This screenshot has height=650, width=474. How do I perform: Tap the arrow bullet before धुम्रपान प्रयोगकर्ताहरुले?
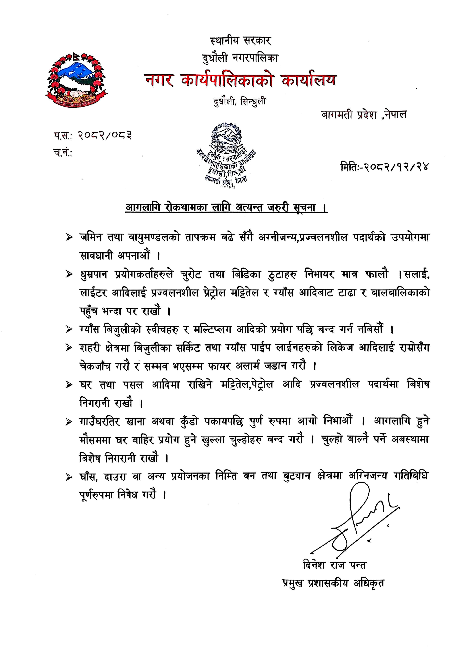pos(69,275)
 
